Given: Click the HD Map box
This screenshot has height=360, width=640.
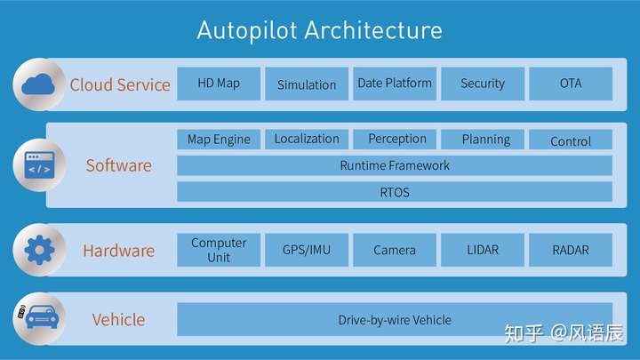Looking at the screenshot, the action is [x=219, y=84].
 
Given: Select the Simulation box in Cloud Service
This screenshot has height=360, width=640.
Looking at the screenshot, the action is [x=307, y=84].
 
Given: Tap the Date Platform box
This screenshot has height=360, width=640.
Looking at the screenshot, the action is [x=395, y=84].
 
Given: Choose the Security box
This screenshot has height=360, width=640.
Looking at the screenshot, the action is [x=483, y=84].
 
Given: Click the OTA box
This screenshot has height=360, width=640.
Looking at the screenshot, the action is [x=571, y=84].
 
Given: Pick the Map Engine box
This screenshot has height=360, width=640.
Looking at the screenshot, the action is [x=219, y=140].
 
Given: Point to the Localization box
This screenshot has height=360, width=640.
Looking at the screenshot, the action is [x=307, y=140].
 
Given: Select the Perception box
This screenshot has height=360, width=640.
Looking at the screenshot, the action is [x=395, y=140].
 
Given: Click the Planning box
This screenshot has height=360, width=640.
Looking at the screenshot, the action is [x=483, y=140].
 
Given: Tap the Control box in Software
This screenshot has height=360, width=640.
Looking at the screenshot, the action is [x=571, y=140].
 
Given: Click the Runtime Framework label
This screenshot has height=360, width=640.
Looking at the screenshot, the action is [x=395, y=165].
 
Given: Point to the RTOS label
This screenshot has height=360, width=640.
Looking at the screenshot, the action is [x=395, y=192].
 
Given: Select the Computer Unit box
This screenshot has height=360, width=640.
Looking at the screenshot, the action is [x=219, y=250].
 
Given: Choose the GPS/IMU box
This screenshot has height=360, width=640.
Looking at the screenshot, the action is [x=307, y=250].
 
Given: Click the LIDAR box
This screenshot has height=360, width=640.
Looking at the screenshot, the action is [x=483, y=250].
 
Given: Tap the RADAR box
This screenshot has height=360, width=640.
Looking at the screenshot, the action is [x=571, y=250].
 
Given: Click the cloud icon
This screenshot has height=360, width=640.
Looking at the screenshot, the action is [x=38, y=84].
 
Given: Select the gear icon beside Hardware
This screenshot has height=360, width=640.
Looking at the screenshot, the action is [x=39, y=250].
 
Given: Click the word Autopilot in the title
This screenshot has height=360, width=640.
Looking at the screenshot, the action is [x=247, y=30].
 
